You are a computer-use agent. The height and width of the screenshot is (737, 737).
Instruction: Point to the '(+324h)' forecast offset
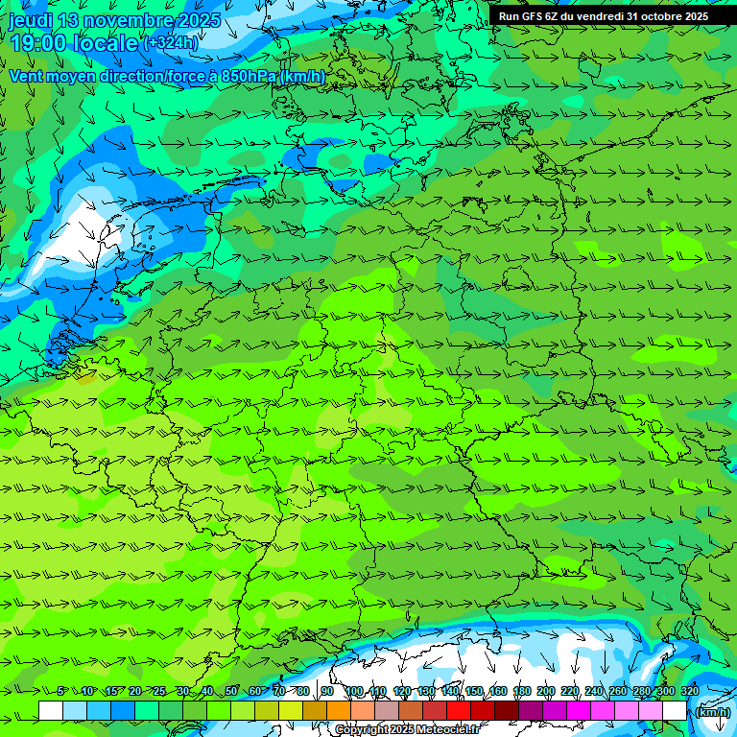click(x=170, y=43)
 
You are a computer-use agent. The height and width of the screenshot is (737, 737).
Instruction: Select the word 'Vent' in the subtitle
click(x=27, y=76)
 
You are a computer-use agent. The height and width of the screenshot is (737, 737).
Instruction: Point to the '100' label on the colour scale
click(x=354, y=691)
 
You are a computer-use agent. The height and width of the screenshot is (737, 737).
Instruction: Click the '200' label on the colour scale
click(x=546, y=691)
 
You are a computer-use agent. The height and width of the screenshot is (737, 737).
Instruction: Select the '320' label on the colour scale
click(x=690, y=691)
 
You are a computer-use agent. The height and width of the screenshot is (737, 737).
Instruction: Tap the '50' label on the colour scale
click(x=231, y=691)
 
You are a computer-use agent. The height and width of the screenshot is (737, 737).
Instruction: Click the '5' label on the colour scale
click(x=61, y=691)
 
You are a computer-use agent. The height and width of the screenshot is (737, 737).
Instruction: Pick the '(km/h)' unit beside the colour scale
click(x=712, y=711)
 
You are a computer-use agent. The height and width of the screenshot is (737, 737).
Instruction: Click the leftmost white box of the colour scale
click(x=51, y=710)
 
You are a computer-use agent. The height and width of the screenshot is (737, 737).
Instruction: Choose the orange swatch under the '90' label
click(x=339, y=710)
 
